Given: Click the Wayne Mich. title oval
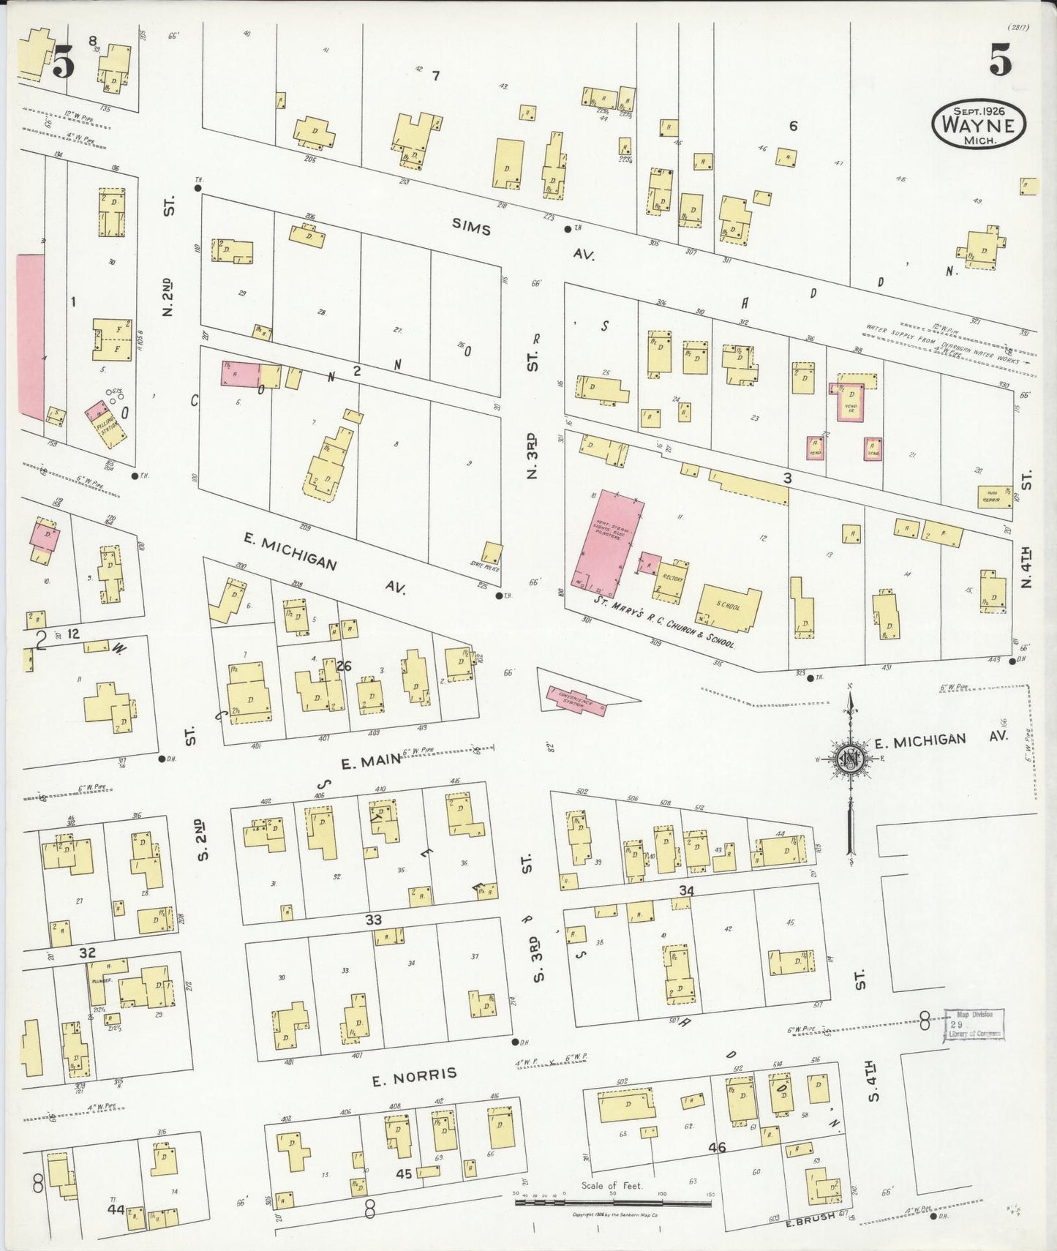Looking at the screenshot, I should (x=978, y=124).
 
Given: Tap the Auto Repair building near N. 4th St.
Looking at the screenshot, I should (x=994, y=497).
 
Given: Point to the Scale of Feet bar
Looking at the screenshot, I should (x=613, y=1203).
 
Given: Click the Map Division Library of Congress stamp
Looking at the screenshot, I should (x=973, y=1023).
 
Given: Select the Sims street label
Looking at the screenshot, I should (x=470, y=228).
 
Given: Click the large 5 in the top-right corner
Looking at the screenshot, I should (x=1000, y=60).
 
